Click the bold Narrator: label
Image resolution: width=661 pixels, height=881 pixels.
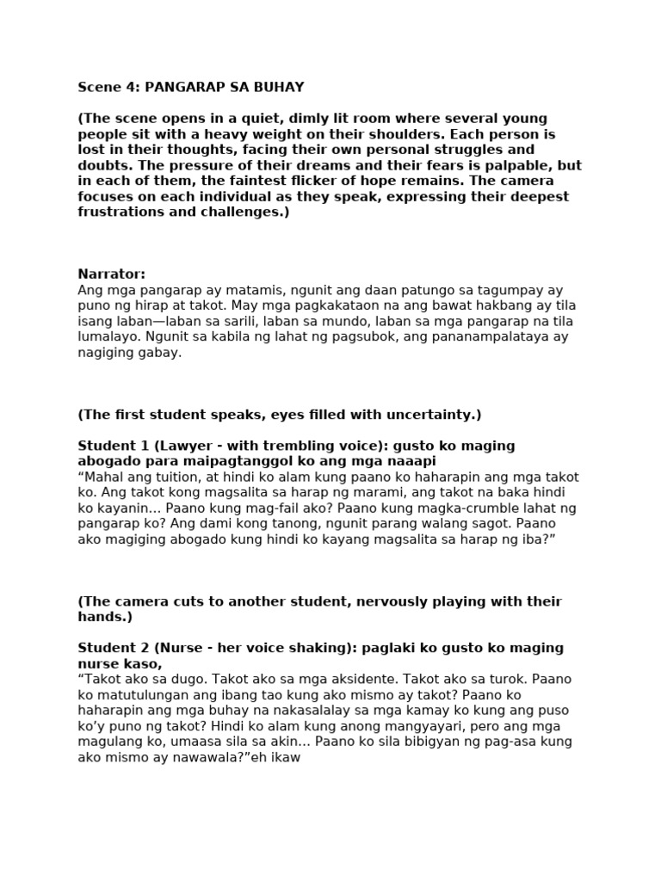(112, 274)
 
